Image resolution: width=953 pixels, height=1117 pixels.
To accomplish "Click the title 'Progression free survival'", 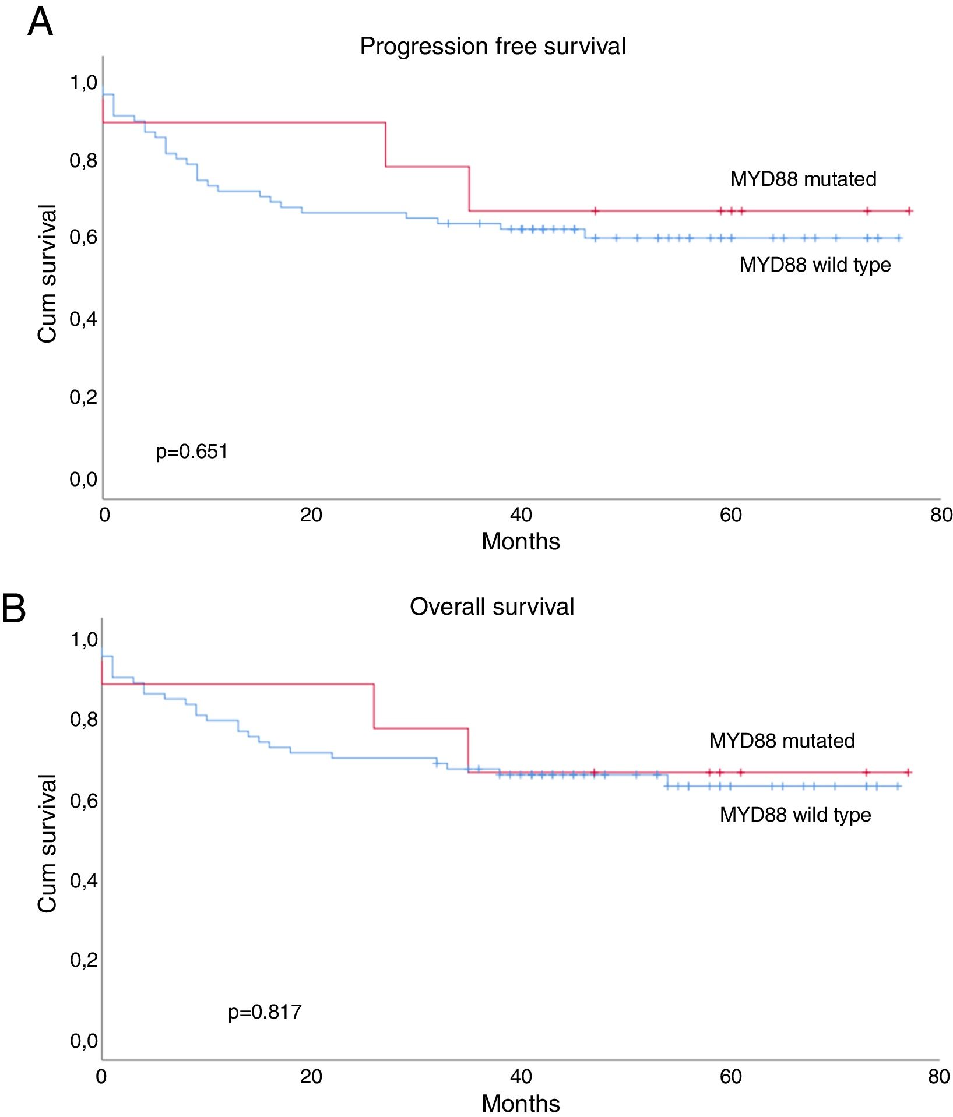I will click(x=493, y=47).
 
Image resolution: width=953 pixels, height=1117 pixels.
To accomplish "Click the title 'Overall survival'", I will click(x=492, y=607).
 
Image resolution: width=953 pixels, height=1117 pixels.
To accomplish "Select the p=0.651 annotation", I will click(x=191, y=452).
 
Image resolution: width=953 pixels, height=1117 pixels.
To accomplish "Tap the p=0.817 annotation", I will click(x=265, y=1012).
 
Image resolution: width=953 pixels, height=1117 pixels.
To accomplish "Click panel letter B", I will click(x=14, y=608).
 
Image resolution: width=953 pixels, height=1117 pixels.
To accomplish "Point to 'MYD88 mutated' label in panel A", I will click(x=803, y=179).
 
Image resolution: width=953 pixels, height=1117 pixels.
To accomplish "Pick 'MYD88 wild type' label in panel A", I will click(x=815, y=265).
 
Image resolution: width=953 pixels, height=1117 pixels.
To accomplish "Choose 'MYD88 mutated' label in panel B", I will click(x=782, y=741).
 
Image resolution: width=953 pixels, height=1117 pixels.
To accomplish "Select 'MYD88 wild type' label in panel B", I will click(x=795, y=815).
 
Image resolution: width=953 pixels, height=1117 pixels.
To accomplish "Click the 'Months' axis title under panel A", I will click(x=521, y=541).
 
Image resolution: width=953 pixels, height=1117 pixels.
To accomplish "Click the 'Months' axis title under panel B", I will click(x=521, y=1103).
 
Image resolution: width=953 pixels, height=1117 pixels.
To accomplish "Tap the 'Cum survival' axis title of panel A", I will click(x=47, y=274).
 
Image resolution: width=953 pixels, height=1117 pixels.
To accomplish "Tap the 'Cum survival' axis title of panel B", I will click(x=47, y=843).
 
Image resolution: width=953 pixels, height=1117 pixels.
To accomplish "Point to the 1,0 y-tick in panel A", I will click(x=84, y=83).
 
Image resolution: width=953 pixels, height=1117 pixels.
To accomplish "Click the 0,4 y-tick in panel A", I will click(x=84, y=319).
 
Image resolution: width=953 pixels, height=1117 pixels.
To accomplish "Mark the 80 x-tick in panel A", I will click(x=941, y=515).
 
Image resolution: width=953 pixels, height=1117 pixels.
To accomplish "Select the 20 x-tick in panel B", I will click(x=311, y=1076).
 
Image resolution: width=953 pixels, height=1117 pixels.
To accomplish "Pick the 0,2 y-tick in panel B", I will click(x=84, y=960).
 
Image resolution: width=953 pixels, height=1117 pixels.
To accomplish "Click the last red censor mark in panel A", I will click(x=909, y=211).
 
